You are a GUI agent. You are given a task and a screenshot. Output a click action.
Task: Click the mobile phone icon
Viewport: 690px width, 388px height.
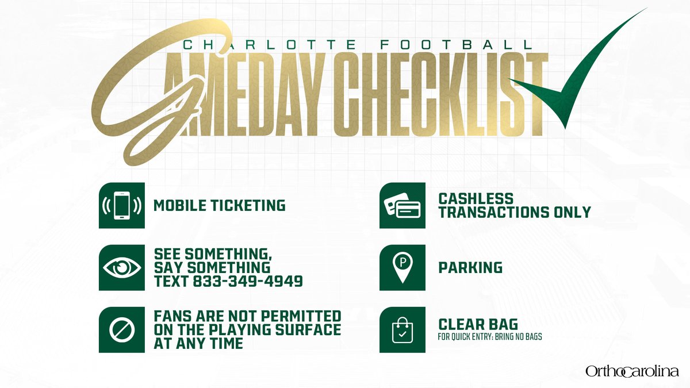(x=121, y=206)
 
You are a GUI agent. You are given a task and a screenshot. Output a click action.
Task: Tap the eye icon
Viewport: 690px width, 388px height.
(x=121, y=268)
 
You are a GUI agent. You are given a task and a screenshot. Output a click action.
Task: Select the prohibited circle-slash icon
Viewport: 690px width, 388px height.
(x=121, y=329)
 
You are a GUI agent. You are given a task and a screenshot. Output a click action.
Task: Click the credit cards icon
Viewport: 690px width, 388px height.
(x=402, y=206)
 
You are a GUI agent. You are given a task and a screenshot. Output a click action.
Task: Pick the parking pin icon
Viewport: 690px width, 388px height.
(x=402, y=267)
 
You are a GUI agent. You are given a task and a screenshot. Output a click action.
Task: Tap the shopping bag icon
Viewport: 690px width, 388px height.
(x=402, y=330)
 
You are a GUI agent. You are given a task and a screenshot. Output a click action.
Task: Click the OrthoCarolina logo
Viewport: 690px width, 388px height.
(x=632, y=371)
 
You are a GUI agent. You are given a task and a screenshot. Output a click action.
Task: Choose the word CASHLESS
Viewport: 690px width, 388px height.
(x=476, y=199)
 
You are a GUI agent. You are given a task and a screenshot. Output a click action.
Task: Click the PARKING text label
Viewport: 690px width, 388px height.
(x=470, y=268)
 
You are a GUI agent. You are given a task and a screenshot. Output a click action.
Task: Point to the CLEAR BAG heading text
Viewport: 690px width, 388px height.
(x=478, y=324)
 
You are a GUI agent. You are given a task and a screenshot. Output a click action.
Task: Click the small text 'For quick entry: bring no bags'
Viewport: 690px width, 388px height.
(x=490, y=337)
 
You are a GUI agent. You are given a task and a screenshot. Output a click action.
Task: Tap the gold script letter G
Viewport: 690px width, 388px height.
(x=144, y=98)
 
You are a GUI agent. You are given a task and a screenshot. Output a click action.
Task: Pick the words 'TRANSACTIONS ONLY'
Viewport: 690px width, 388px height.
(x=514, y=213)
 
